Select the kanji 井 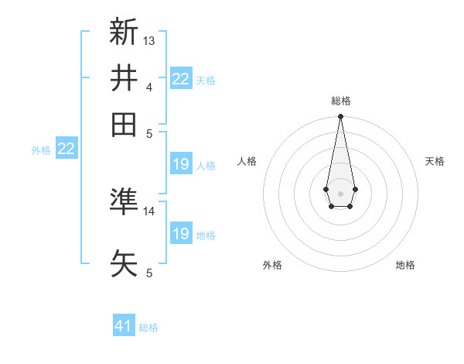[x=124, y=78]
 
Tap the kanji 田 [x=124, y=125]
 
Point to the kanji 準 [x=124, y=202]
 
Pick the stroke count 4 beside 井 [x=149, y=87]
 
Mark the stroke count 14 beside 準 [x=150, y=211]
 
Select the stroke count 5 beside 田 [x=149, y=132]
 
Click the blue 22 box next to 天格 [x=181, y=79]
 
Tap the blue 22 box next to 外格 [x=66, y=149]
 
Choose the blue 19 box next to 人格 [x=181, y=164]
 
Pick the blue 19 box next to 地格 [x=181, y=234]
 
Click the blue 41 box [x=124, y=326]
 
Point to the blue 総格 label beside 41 [x=148, y=328]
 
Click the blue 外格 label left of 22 [x=41, y=150]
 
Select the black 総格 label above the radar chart [x=341, y=101]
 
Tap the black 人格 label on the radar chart [x=247, y=161]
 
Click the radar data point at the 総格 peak [x=340, y=117]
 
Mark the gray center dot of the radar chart [x=340, y=193]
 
